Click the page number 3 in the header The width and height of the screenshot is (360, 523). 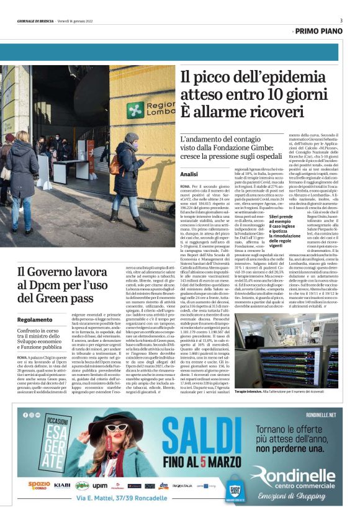pos(341,20)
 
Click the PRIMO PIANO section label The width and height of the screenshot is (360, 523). pos(319,30)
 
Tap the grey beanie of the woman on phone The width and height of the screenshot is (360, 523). pos(131,137)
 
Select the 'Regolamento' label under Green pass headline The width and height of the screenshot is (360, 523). pos(35,320)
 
